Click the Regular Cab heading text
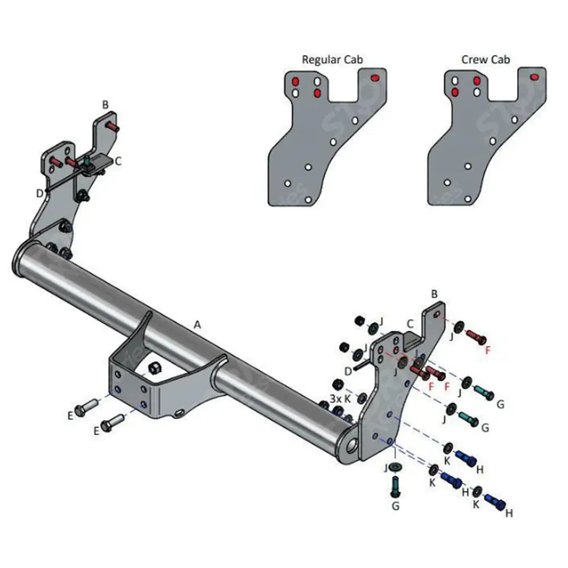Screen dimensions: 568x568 [332, 59]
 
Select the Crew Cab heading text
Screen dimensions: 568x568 [486, 59]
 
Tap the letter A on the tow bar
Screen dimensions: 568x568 [197, 325]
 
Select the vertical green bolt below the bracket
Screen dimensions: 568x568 [396, 486]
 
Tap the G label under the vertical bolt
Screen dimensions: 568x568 [396, 505]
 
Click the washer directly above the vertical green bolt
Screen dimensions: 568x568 [396, 468]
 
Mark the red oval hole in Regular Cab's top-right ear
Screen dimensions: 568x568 [374, 78]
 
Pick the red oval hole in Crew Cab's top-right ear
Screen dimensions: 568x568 [534, 77]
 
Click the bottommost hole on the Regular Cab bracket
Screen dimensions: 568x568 [308, 199]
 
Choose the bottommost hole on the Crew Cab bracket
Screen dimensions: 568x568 [467, 199]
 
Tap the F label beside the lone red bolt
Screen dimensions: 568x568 [487, 350]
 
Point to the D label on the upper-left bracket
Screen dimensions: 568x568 [39, 194]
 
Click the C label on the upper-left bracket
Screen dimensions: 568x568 [118, 161]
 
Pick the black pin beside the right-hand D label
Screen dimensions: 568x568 [361, 368]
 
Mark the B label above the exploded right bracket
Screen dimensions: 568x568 [435, 294]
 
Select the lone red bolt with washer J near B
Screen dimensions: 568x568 [476, 337]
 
